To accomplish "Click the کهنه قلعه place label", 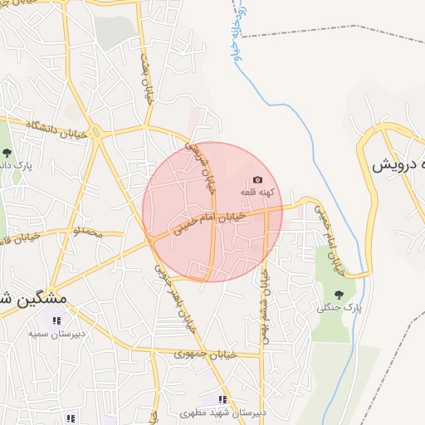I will click(x=256, y=193).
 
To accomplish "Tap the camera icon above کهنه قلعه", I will click(x=257, y=180).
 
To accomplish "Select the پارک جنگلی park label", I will click(x=340, y=308).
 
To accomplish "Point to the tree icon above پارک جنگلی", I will click(x=339, y=295).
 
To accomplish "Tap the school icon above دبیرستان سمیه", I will click(x=56, y=320).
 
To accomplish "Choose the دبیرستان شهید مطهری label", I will click(x=223, y=412).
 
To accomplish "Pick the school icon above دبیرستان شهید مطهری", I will click(x=222, y=399).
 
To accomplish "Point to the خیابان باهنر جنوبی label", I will click(x=178, y=296).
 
